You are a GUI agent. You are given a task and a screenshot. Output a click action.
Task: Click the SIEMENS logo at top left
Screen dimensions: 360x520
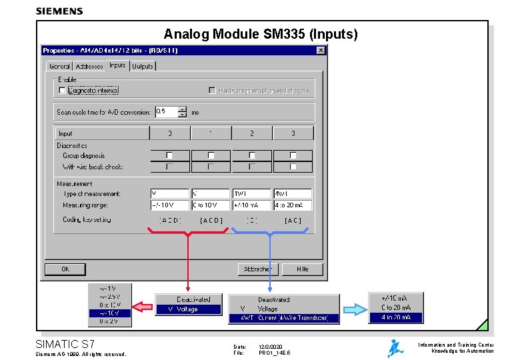point(59,11)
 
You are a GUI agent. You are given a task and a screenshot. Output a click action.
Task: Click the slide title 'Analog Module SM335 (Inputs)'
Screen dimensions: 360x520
point(261,34)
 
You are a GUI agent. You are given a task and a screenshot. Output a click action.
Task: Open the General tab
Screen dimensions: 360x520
point(59,66)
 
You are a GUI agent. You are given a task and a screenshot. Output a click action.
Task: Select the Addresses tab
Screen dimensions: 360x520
point(89,66)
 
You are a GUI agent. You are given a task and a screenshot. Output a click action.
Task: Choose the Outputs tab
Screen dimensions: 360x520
point(142,66)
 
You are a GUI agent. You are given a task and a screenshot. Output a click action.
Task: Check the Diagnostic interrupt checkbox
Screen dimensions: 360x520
point(62,90)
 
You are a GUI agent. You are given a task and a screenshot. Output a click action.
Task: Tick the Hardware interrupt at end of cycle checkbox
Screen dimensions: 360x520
point(212,90)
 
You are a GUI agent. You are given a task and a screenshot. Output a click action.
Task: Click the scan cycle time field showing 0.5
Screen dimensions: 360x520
point(170,112)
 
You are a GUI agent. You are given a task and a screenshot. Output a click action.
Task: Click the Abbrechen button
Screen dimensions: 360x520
point(257,269)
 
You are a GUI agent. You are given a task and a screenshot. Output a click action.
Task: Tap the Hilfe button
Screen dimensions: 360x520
point(303,269)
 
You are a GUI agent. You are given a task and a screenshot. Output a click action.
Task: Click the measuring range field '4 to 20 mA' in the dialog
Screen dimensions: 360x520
point(293,205)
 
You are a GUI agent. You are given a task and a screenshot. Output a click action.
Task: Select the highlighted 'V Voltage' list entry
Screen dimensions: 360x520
point(188,309)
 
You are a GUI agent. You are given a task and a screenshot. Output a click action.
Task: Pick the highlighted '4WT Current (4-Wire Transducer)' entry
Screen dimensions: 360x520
point(283,319)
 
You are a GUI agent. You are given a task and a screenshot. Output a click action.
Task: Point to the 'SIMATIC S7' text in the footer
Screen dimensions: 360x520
point(65,344)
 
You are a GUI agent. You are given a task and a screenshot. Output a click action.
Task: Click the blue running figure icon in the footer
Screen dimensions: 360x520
point(396,348)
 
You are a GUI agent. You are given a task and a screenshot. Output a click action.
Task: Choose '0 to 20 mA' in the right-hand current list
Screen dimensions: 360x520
point(396,307)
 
